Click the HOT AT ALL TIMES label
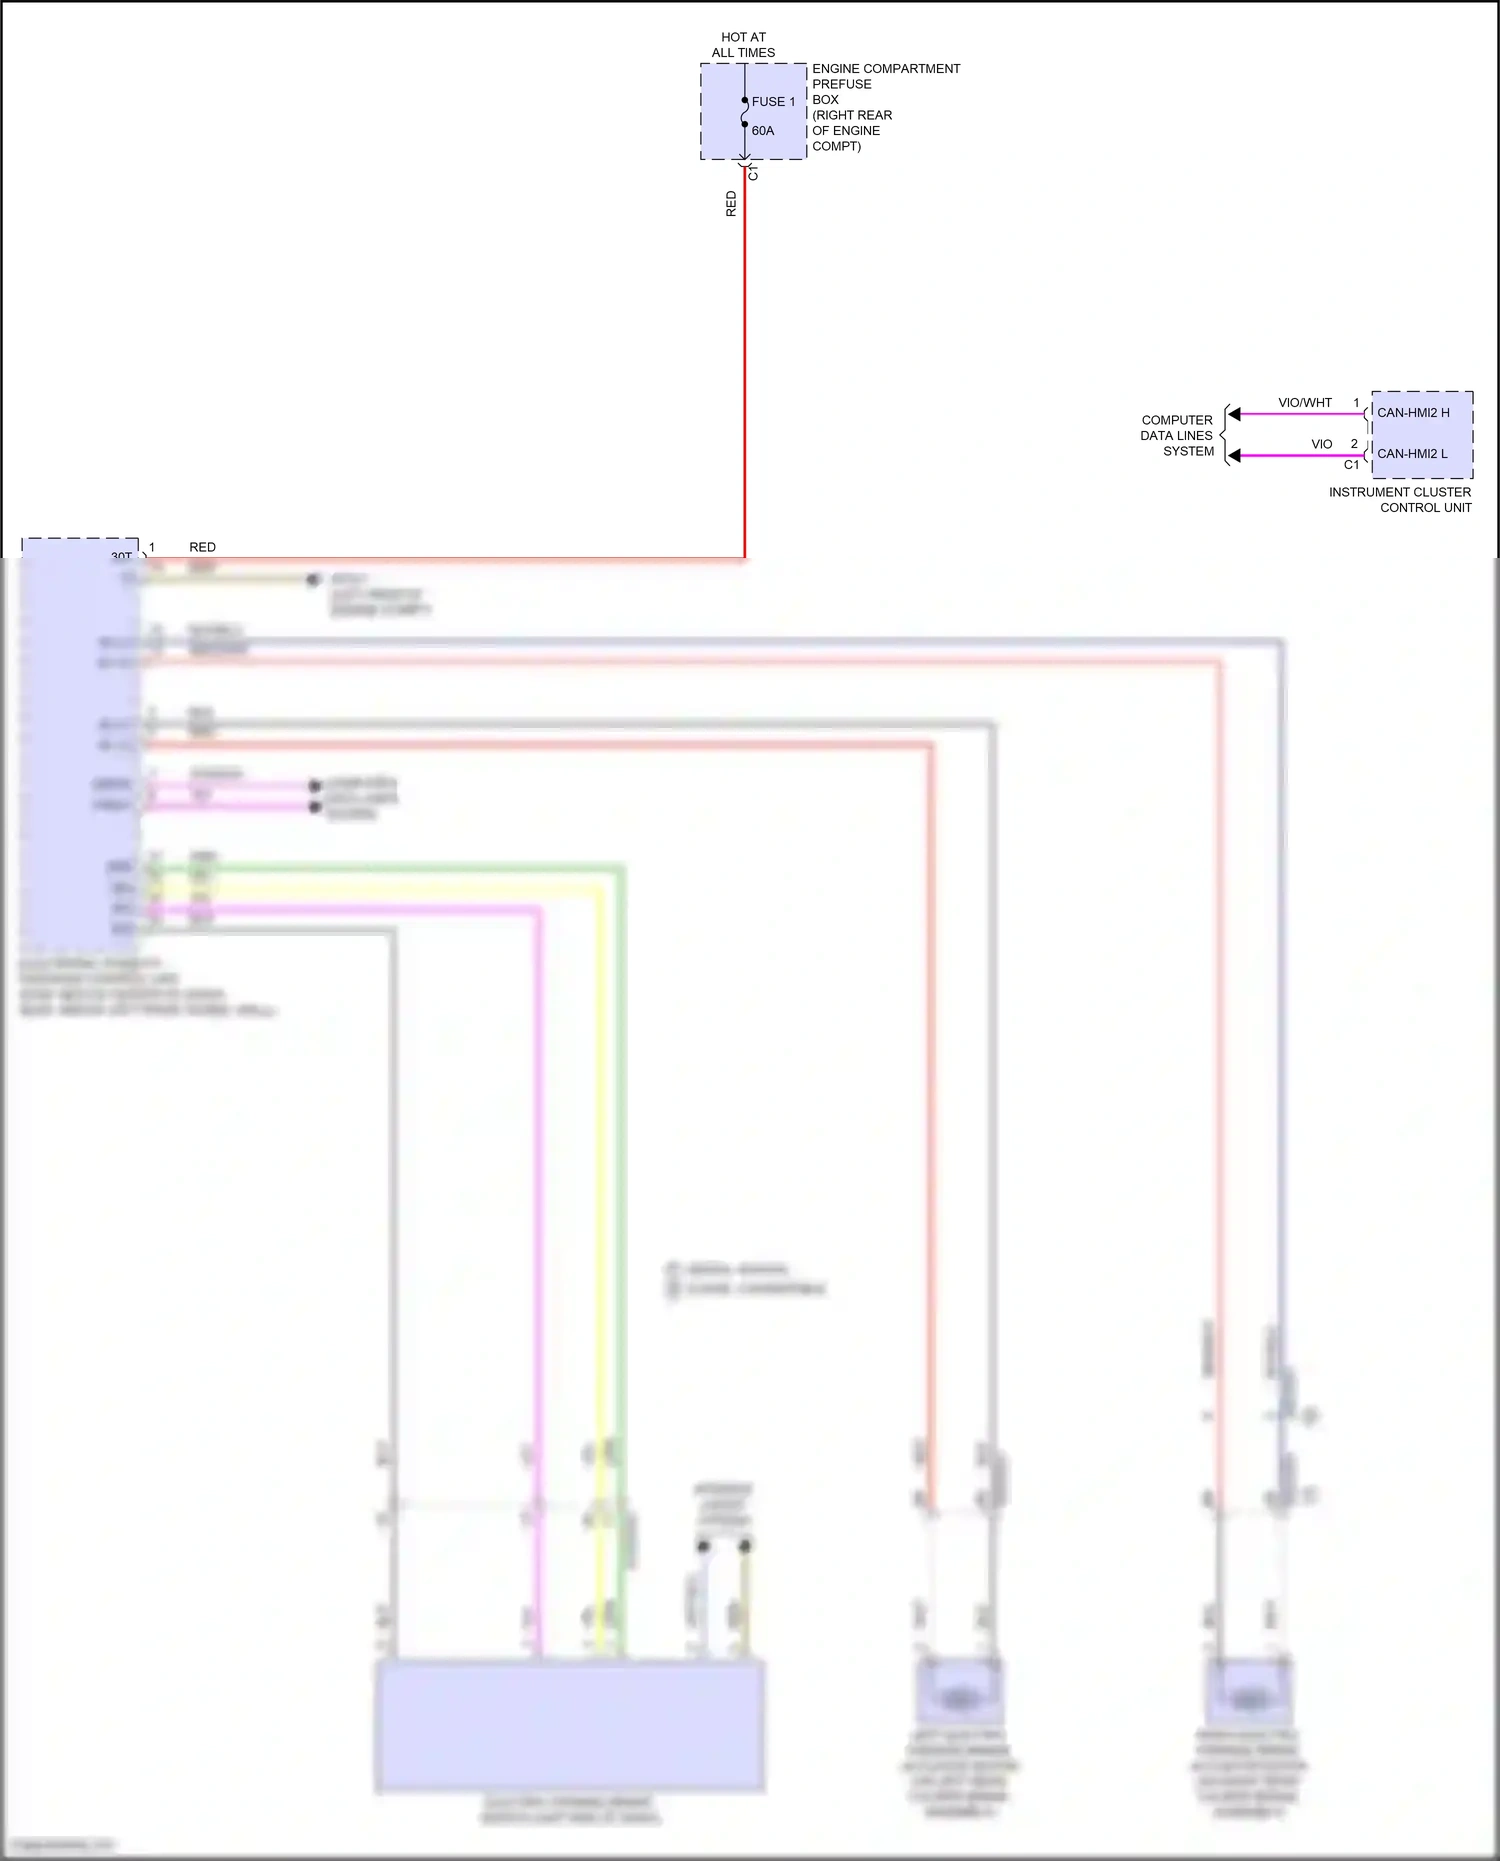pos(743,45)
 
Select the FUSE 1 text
pos(773,102)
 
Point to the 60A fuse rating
pos(763,131)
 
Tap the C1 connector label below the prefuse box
pos(754,174)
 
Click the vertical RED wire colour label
pos(731,204)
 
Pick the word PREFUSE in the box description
pos(841,84)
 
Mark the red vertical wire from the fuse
pos(745,360)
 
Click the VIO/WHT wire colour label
pos(1305,403)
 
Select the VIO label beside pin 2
pos(1322,444)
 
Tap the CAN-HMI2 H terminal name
pos(1413,413)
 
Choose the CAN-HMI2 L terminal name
pos(1412,454)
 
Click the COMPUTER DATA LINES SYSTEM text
pos(1177,436)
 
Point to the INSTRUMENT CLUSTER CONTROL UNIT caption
pos(1400,500)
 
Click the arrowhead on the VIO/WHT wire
pos(1235,414)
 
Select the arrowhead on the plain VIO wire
pos(1235,456)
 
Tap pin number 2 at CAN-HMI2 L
pos(1354,444)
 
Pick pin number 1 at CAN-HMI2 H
pos(1356,403)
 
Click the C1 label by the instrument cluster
pos(1351,465)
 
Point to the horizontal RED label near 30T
pos(202,547)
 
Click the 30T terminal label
pos(121,556)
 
